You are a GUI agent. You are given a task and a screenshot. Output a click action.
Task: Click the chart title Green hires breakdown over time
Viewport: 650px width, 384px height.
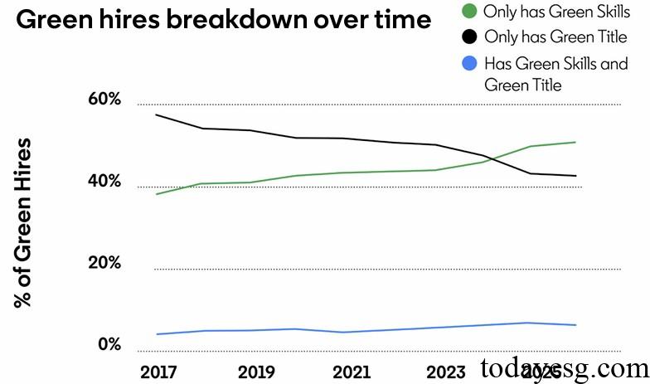pyautogui.click(x=223, y=21)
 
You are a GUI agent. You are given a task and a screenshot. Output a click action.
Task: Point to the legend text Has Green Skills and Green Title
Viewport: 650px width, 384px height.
pyautogui.click(x=555, y=74)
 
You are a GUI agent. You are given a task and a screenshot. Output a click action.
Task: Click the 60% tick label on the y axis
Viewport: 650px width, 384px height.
pyautogui.click(x=104, y=100)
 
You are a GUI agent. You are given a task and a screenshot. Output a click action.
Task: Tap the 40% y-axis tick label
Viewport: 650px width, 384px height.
pyautogui.click(x=104, y=182)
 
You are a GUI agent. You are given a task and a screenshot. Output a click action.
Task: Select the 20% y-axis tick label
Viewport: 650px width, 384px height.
pyautogui.click(x=104, y=264)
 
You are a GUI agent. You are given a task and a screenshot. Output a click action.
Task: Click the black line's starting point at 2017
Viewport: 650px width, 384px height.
pyautogui.click(x=157, y=114)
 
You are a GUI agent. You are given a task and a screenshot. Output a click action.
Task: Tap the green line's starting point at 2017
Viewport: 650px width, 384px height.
pyautogui.click(x=157, y=194)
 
